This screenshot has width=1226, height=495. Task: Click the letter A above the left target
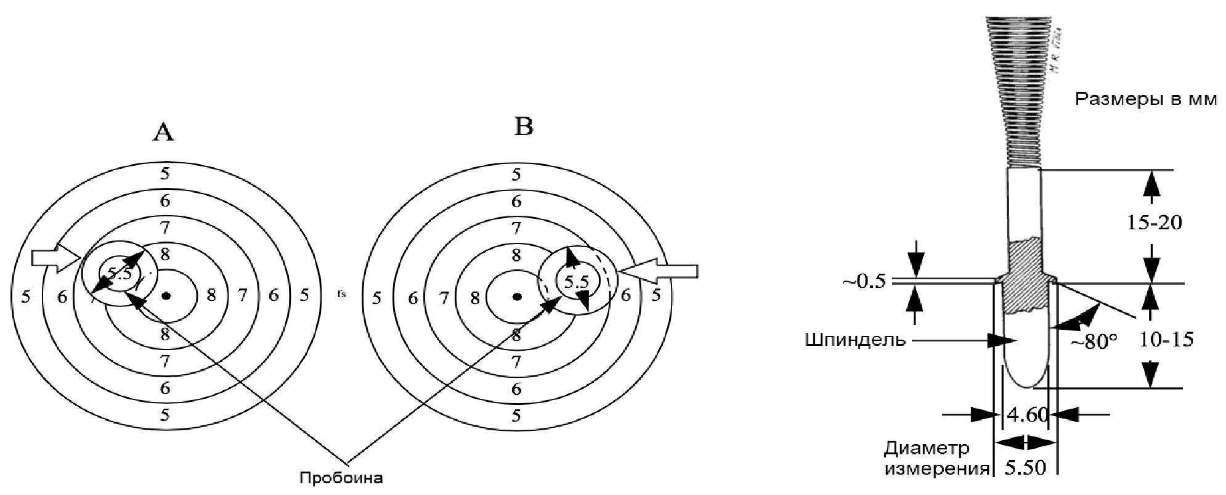[x=163, y=132]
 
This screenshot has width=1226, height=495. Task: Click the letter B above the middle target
[x=524, y=127]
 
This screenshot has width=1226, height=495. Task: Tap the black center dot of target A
[x=166, y=296]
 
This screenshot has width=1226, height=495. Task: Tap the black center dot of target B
[x=518, y=297]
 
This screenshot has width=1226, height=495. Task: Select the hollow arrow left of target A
[x=55, y=258]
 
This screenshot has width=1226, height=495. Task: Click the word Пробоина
[x=341, y=478]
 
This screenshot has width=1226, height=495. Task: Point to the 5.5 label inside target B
[x=577, y=282]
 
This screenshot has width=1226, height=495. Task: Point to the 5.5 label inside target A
[x=120, y=273]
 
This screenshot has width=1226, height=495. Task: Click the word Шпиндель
[x=855, y=339]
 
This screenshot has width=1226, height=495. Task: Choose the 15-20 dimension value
[x=1154, y=223]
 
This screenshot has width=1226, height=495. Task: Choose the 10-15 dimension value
[x=1166, y=339]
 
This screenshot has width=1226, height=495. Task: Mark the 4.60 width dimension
[x=1027, y=414]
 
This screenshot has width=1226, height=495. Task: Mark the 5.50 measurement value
[x=1026, y=468]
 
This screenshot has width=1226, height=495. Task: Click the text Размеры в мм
[x=1146, y=99]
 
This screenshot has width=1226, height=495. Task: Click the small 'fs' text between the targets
[x=341, y=295]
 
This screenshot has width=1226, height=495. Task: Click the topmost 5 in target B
[x=516, y=174]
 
